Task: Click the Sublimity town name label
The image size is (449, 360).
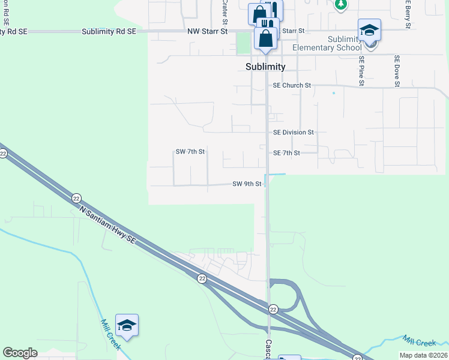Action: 265,67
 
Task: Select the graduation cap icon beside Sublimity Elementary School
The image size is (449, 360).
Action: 369,30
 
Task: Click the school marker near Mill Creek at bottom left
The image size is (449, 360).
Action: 127,325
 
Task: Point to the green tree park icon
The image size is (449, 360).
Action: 341,4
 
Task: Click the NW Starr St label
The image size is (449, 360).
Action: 208,31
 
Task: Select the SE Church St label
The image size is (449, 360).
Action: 292,86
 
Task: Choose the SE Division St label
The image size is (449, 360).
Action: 294,132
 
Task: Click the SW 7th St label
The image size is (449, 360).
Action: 190,152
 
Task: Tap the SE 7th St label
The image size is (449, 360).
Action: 286,154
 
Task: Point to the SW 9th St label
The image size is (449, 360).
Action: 247,184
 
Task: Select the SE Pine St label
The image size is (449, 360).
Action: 362,71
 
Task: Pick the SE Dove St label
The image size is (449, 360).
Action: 397,71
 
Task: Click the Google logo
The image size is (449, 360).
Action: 20,353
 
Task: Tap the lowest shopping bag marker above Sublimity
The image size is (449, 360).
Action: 265,38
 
